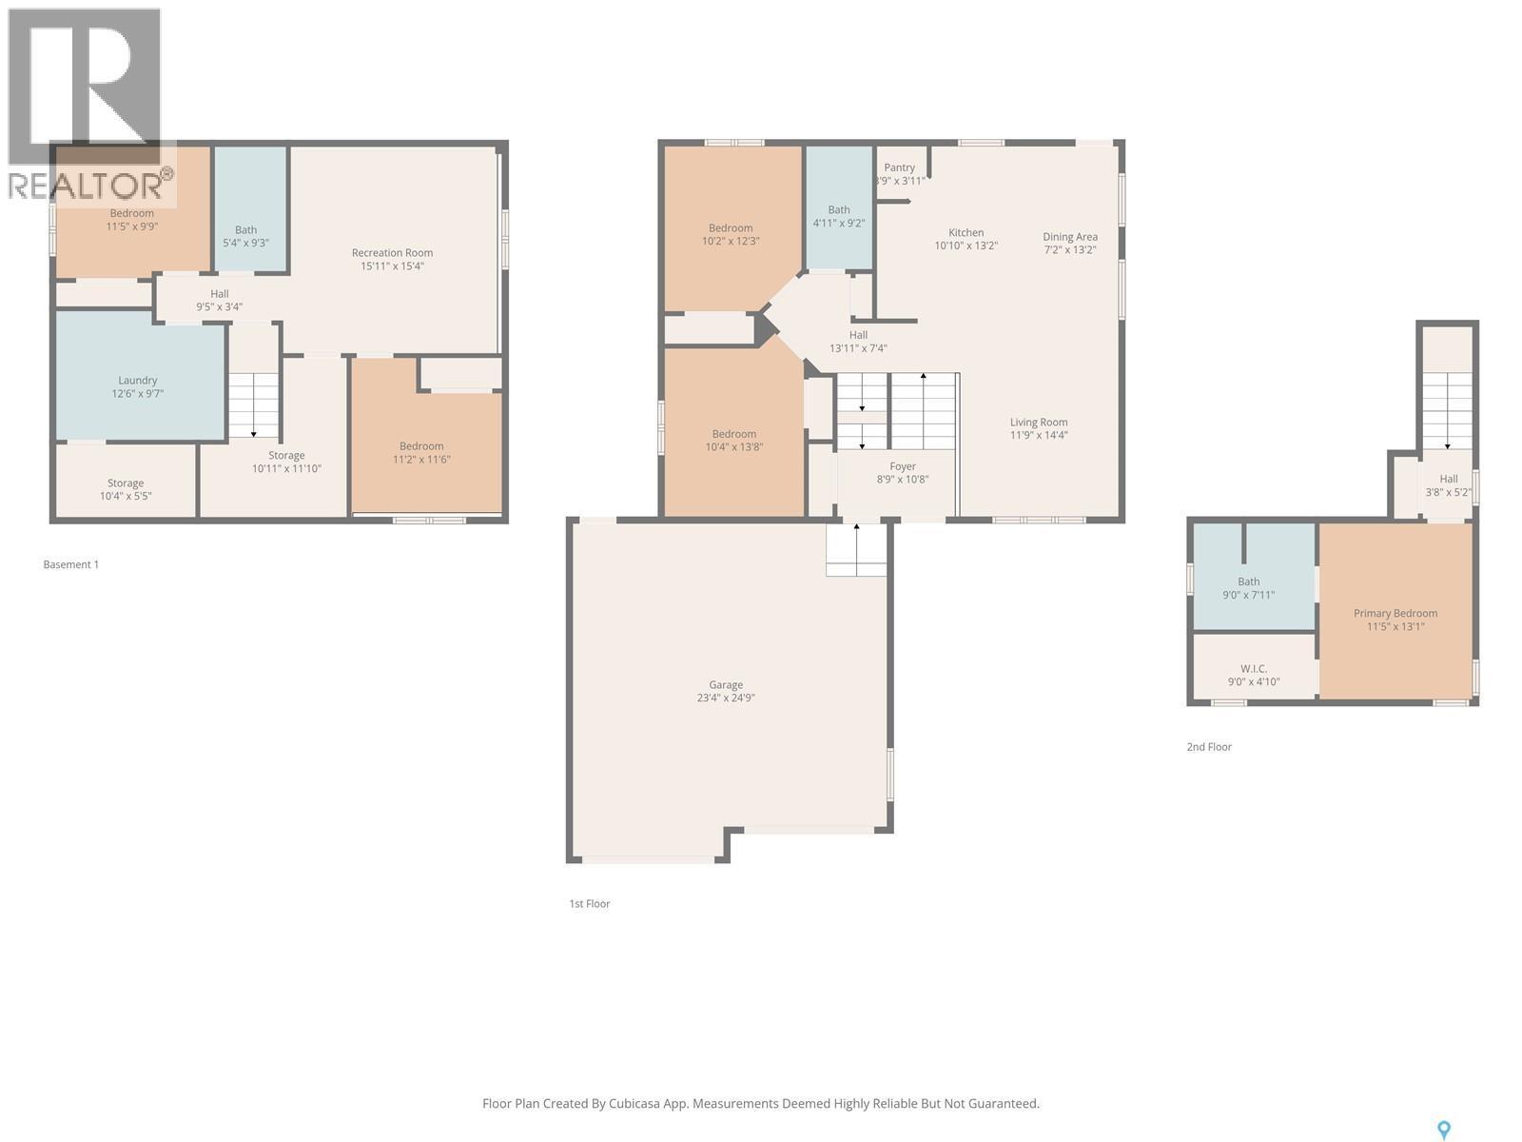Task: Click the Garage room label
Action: [725, 684]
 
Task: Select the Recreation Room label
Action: [392, 252]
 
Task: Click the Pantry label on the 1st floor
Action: [899, 167]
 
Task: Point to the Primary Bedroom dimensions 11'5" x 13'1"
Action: [1395, 627]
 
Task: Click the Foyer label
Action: [902, 466]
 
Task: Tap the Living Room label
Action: [1039, 422]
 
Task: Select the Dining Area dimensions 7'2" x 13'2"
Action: [1070, 250]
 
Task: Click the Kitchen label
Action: [966, 232]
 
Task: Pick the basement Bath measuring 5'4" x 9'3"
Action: [245, 236]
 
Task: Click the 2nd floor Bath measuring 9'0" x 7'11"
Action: [1248, 587]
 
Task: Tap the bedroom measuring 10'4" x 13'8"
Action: [733, 440]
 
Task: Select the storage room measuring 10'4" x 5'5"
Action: [126, 489]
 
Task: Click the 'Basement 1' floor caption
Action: [71, 564]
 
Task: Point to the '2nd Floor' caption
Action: [1209, 747]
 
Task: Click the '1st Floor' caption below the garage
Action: [590, 904]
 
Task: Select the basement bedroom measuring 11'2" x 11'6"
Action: [421, 452]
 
